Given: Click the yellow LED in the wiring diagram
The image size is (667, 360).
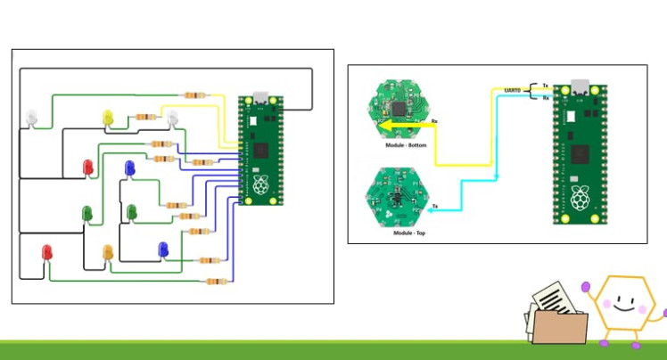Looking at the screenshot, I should click(108, 118).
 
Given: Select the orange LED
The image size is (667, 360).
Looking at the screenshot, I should click(109, 253).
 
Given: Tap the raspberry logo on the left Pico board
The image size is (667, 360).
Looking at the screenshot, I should click(259, 184).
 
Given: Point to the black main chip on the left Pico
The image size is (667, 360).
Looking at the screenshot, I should click(259, 149).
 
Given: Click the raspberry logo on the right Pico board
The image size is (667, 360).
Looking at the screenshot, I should click(581, 199).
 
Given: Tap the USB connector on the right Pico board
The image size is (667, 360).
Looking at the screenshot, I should click(580, 86).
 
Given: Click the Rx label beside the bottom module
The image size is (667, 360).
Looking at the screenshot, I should click(434, 120).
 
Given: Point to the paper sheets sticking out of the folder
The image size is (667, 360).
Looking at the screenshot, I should click(550, 296).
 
